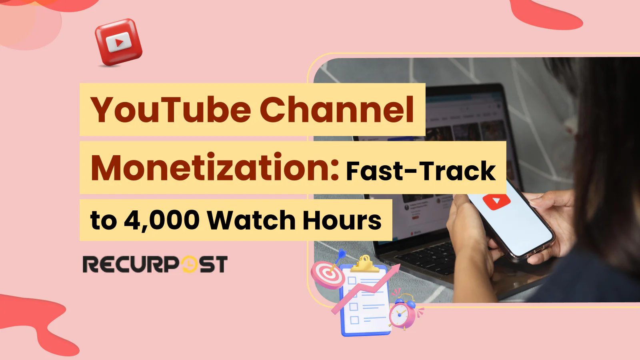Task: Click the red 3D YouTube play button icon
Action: (118, 42)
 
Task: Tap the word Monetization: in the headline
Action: (215, 168)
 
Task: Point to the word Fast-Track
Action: (421, 171)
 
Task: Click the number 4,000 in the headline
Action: (162, 220)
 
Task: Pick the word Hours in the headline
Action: (342, 220)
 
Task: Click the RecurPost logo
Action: (155, 264)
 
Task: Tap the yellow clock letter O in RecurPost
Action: (189, 264)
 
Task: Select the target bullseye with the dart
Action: (328, 274)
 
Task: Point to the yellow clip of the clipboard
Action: (364, 264)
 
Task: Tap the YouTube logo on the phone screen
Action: (496, 201)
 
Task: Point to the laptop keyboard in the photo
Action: (424, 256)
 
